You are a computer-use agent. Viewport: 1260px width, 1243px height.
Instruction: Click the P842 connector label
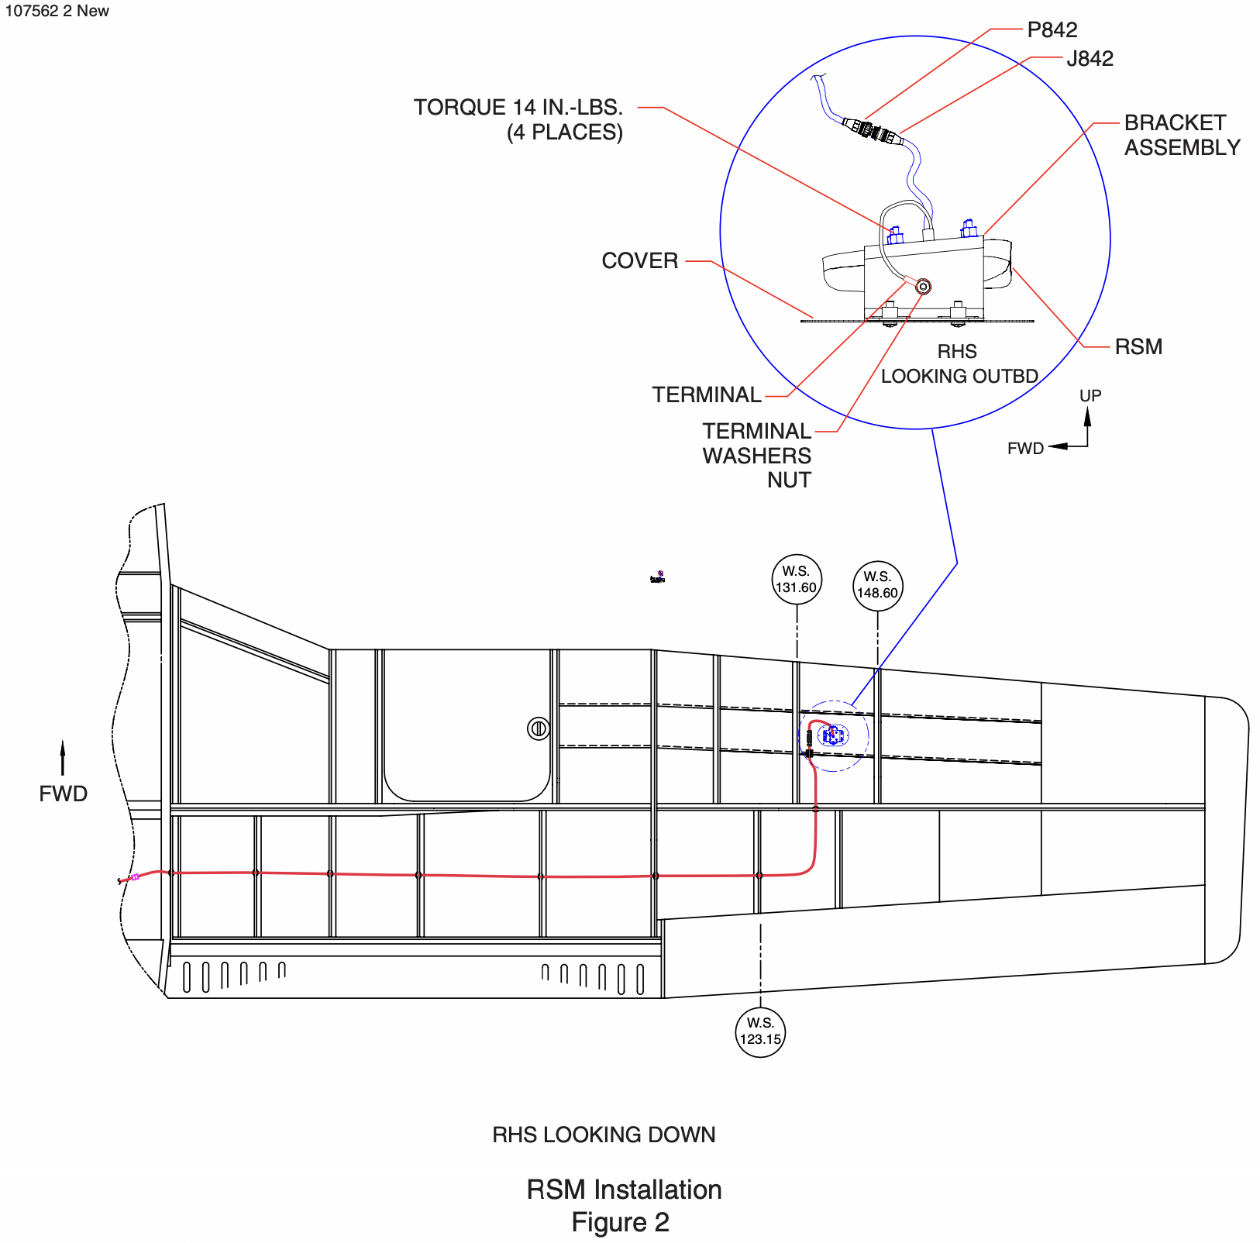pos(1052,30)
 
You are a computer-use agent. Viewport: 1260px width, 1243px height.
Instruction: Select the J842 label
pos(1090,59)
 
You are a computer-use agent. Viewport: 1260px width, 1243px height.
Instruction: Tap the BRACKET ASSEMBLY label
pos(1182,135)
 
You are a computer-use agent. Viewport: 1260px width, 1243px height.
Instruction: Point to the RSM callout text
pos(1138,347)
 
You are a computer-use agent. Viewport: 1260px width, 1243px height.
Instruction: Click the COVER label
pos(639,261)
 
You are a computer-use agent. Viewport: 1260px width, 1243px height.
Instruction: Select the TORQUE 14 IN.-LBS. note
pos(518,108)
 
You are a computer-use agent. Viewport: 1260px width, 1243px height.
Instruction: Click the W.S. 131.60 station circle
pos(797,580)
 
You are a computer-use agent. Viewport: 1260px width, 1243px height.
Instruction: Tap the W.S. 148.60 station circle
pos(877,586)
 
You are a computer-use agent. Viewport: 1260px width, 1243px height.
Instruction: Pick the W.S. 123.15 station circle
pos(760,1031)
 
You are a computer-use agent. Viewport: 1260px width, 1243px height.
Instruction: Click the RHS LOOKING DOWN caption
pos(604,1135)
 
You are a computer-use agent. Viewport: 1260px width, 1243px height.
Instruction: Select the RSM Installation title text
pos(624,1190)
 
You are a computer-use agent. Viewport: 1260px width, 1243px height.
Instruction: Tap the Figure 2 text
pos(620,1222)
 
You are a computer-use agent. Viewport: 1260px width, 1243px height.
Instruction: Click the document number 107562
pos(32,11)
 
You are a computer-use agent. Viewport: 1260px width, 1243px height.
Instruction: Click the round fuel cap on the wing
pos(539,728)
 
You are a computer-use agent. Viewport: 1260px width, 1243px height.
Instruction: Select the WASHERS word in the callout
pos(756,456)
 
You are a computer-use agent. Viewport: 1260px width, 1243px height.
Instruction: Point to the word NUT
pos(789,480)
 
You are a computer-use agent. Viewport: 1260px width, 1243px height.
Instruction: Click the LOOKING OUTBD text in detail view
pos(959,377)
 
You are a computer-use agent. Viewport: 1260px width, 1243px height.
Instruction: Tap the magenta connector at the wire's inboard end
pos(134,877)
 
